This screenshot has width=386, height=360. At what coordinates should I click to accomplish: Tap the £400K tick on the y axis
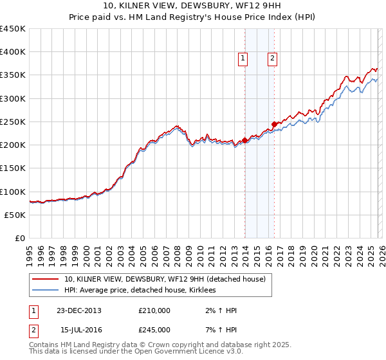pos(13,52)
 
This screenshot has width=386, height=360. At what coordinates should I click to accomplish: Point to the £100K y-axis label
pos(13,192)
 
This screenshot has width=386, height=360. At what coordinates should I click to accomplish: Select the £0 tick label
pos(19,239)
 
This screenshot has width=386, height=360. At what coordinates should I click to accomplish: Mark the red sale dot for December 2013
pos(245,141)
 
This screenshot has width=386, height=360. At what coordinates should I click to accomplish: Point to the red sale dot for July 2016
pos(274,124)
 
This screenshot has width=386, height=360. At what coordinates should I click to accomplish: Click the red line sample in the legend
pos(46,279)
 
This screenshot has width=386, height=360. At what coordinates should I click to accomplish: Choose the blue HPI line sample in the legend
pos(46,290)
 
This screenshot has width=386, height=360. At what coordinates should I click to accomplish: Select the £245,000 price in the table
pos(154,329)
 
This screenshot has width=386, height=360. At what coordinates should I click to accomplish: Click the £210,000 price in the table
pos(154,310)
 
